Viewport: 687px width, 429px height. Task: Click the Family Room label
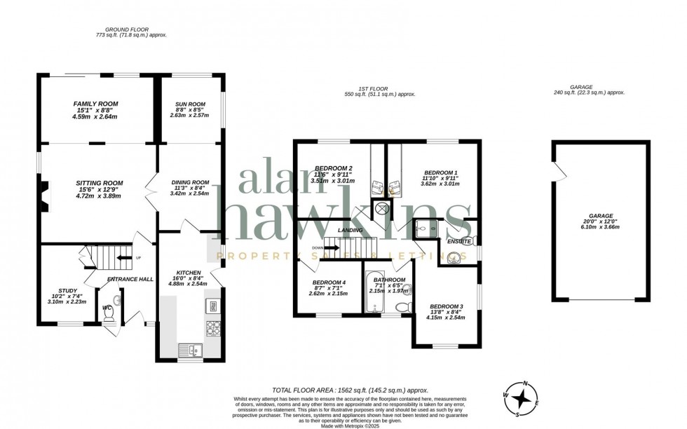[x=96, y=104]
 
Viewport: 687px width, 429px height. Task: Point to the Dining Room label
[x=190, y=182]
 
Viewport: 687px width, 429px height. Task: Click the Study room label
[x=68, y=290]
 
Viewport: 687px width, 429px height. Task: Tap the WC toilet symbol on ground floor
[x=109, y=317]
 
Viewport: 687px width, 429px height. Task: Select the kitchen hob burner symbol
[x=212, y=327]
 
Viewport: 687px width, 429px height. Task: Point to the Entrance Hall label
[x=130, y=279]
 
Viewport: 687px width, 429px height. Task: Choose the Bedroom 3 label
[x=447, y=306]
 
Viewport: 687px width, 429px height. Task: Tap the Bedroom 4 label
[x=328, y=282]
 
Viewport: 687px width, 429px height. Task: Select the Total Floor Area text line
[x=349, y=390]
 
